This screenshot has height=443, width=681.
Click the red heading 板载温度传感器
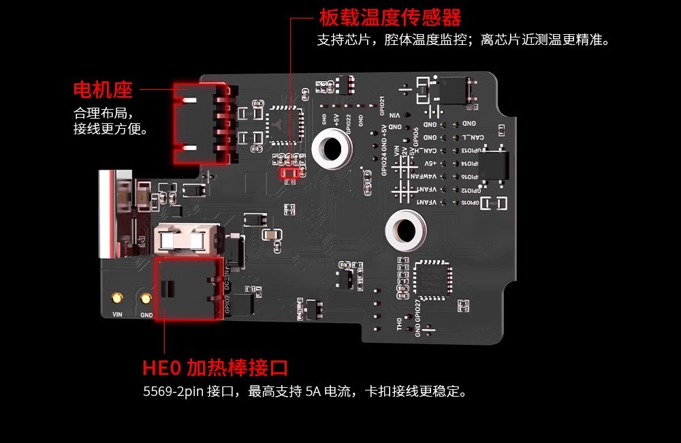pyautogui.click(x=390, y=17)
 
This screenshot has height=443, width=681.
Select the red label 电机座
pyautogui.click(x=103, y=89)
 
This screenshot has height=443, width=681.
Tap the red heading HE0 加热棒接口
pyautogui.click(x=215, y=369)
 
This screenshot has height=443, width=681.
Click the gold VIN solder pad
pyautogui.click(x=117, y=298)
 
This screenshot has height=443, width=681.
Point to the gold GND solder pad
pyautogui.click(x=146, y=298)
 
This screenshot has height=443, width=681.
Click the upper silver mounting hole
pyautogui.click(x=331, y=147)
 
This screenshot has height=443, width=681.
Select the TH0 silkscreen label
pyautogui.click(x=400, y=324)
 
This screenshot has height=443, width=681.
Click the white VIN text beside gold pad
pyautogui.click(x=116, y=315)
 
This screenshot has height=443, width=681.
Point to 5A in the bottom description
pyautogui.click(x=313, y=392)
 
